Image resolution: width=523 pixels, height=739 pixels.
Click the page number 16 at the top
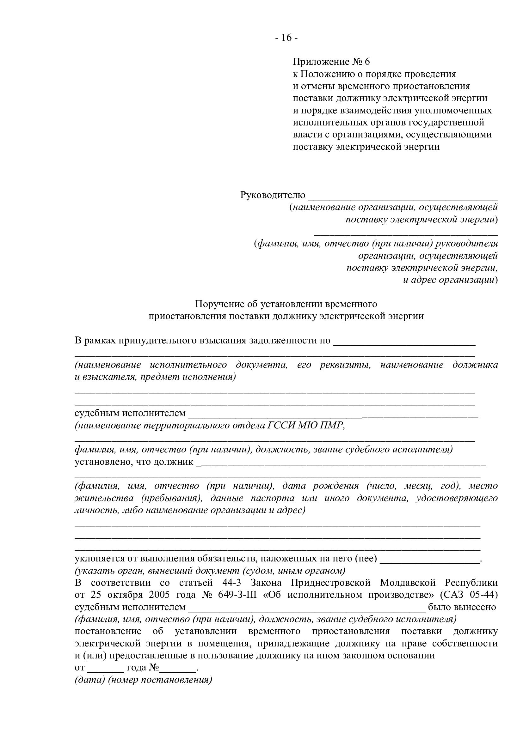click(x=286, y=38)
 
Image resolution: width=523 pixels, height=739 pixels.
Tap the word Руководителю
click(x=273, y=195)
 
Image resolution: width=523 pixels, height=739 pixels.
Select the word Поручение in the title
click(x=219, y=304)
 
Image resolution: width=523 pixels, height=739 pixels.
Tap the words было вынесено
click(x=462, y=607)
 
